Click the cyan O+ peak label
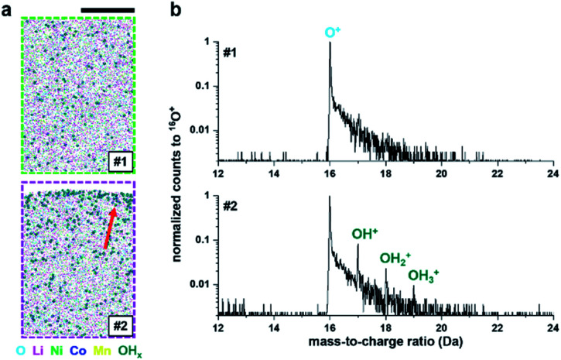click(330, 30)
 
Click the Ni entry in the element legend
click(59, 350)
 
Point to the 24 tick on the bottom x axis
click(552, 327)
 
